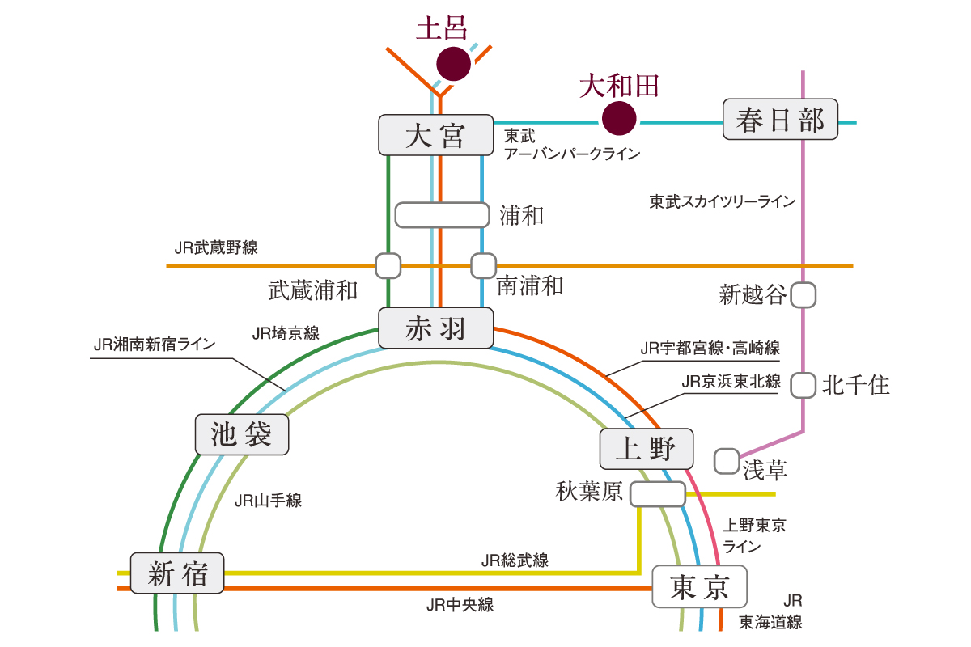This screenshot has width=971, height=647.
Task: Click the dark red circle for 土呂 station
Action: tap(453, 64)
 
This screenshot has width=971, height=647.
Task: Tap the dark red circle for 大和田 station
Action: tap(619, 118)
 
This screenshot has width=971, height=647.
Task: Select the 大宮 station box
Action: tap(436, 135)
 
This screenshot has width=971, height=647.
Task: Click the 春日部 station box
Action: tap(780, 120)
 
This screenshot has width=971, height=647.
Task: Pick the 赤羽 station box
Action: tap(436, 328)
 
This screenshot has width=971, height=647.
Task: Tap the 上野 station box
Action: tap(647, 449)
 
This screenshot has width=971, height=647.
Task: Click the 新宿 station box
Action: tap(177, 573)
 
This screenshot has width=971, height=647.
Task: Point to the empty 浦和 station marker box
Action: tap(443, 215)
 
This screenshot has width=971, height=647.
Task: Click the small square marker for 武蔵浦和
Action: tap(388, 264)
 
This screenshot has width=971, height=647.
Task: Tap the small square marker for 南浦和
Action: tap(483, 264)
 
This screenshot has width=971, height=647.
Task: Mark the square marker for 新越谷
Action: tap(803, 295)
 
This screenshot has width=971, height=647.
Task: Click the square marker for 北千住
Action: tap(803, 385)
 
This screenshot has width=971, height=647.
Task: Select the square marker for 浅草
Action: tap(727, 462)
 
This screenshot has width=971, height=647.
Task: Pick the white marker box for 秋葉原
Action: tap(658, 494)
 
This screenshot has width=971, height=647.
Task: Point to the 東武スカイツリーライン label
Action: tap(723, 201)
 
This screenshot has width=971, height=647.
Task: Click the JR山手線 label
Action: tap(268, 501)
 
